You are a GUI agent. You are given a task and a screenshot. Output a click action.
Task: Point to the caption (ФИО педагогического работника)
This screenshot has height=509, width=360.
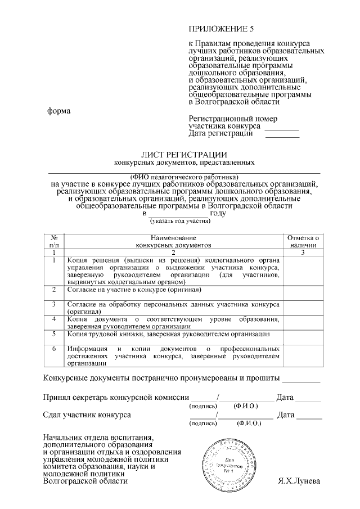point(184,176)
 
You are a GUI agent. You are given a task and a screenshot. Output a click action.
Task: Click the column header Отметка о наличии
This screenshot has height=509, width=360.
point(303,242)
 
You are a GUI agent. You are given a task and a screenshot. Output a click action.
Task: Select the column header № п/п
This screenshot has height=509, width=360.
point(53,242)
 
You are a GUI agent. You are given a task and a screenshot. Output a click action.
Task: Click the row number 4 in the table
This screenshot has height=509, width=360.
point(53,319)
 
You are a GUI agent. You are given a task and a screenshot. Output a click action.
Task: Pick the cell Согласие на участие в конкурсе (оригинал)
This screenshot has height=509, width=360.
point(134,290)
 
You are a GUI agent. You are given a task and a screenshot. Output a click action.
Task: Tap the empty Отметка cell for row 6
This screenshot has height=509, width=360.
point(303,356)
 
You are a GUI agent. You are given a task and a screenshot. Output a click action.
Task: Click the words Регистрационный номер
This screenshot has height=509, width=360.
point(233,119)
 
